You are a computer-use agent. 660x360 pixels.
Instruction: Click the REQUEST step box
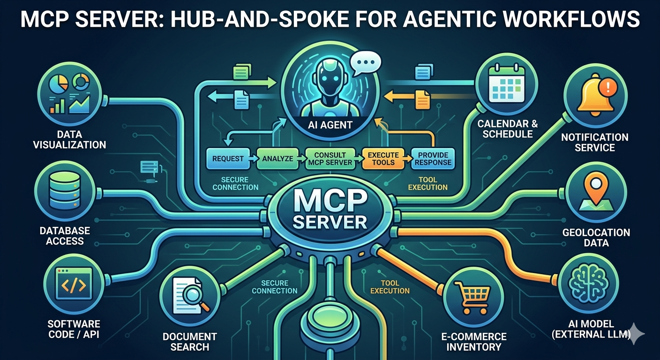tap(228, 159)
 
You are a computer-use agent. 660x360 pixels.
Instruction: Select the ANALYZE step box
tap(277, 159)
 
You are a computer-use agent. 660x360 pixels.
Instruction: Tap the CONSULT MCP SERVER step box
tap(330, 159)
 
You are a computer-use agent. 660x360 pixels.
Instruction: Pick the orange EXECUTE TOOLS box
tap(383, 159)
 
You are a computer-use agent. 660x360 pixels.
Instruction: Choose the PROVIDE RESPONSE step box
tap(433, 159)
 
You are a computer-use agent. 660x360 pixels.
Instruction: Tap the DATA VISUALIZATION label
tap(69, 139)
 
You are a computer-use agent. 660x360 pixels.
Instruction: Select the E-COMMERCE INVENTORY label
tap(474, 342)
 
